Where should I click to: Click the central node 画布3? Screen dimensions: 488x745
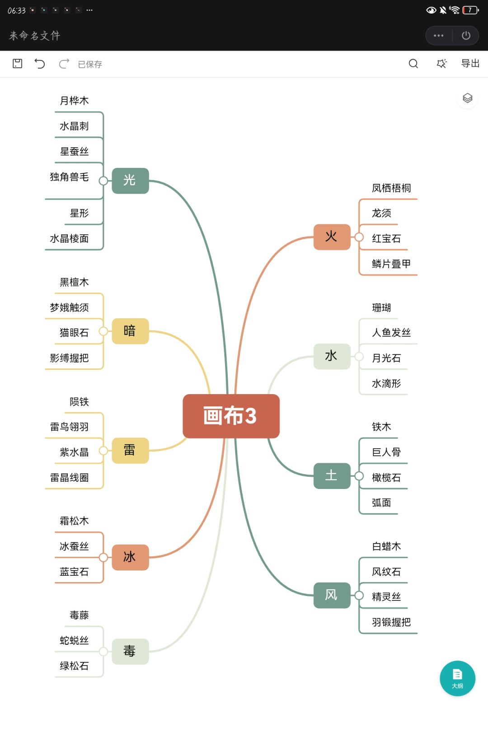click(x=231, y=416)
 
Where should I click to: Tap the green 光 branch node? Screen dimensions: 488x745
click(x=130, y=181)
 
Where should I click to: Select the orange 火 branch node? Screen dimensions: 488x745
click(x=332, y=237)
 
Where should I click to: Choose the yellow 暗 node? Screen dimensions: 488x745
click(x=130, y=331)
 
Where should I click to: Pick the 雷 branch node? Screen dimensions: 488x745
click(x=130, y=450)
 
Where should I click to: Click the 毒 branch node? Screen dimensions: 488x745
click(x=130, y=651)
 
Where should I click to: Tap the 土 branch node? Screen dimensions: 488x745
click(x=332, y=475)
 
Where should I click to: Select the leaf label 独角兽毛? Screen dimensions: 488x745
click(x=69, y=177)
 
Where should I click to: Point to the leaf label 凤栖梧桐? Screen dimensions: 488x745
click(x=391, y=188)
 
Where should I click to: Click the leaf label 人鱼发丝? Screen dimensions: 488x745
click(x=391, y=333)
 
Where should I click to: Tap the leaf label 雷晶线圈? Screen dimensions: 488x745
click(x=69, y=478)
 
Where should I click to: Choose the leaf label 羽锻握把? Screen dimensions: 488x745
click(x=391, y=622)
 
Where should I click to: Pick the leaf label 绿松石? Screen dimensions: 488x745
click(x=74, y=666)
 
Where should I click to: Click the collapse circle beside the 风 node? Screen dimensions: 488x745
click(x=359, y=596)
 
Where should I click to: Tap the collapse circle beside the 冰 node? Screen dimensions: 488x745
click(x=103, y=557)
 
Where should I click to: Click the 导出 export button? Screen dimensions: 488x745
click(x=470, y=64)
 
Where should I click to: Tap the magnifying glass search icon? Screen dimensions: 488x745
click(x=413, y=64)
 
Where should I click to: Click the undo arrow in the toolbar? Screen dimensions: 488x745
click(x=40, y=64)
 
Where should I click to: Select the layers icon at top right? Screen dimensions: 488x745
click(x=467, y=98)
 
